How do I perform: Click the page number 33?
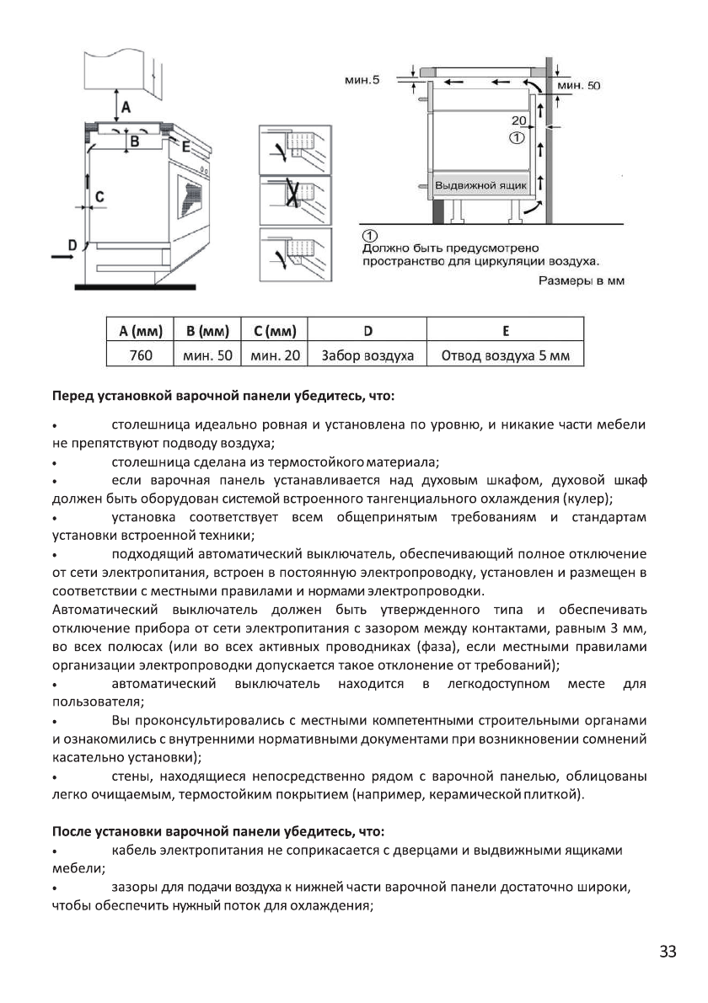[x=668, y=952]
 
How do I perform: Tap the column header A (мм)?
[x=140, y=330]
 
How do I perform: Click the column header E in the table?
[x=506, y=330]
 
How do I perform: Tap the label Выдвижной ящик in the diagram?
[x=480, y=184]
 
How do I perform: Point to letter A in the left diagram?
[x=126, y=107]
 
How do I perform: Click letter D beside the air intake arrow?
[x=72, y=244]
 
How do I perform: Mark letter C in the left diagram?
[x=99, y=196]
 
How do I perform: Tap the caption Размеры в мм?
[x=582, y=280]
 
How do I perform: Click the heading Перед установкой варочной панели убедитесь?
[x=223, y=395]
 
